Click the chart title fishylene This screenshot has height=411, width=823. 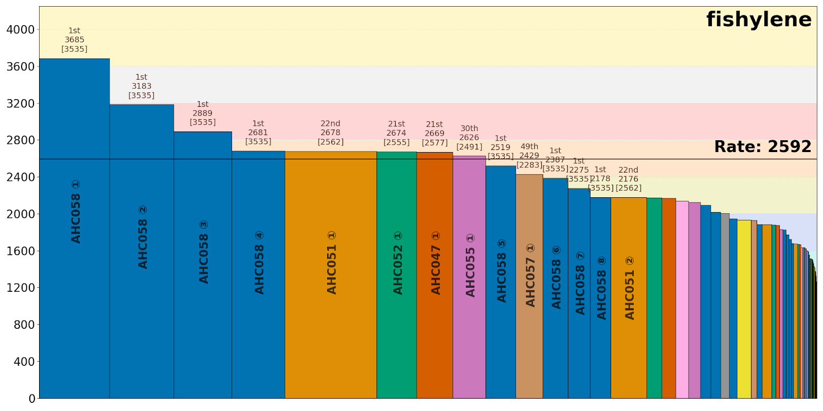click(x=759, y=20)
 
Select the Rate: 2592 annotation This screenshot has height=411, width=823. click(x=762, y=147)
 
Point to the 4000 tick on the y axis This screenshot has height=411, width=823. click(x=21, y=30)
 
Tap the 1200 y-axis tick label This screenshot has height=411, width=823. click(x=21, y=288)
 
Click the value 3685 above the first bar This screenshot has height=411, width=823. click(x=75, y=40)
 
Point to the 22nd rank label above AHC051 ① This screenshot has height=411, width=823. click(x=330, y=124)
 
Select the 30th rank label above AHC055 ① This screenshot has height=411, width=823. click(x=469, y=128)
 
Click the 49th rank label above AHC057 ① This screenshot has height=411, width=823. click(x=529, y=146)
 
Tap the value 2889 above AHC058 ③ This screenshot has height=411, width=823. click(x=203, y=113)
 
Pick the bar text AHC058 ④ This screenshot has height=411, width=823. click(x=259, y=263)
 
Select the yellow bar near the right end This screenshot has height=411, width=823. click(x=744, y=308)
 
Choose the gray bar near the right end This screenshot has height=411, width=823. click(x=725, y=308)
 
